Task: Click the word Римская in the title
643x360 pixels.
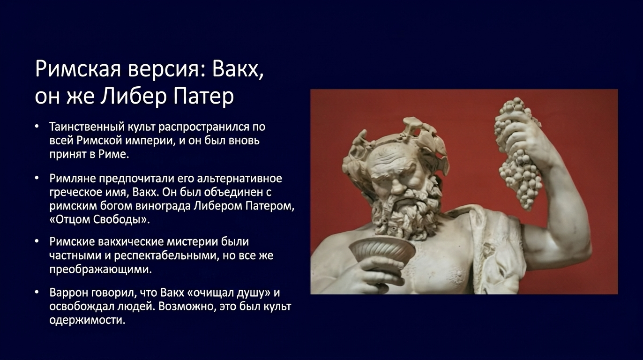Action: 78,69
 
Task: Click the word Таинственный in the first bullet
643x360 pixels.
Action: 87,127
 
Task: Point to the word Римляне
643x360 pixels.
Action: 73,179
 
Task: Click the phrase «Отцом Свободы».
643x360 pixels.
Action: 100,220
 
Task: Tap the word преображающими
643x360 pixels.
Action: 100,270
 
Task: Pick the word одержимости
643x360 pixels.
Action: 87,320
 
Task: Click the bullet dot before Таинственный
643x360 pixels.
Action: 37,127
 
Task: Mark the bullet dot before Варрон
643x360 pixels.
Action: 37,292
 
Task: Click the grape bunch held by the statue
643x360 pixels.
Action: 516,152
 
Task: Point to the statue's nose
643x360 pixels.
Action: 398,187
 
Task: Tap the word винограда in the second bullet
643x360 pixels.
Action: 163,206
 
